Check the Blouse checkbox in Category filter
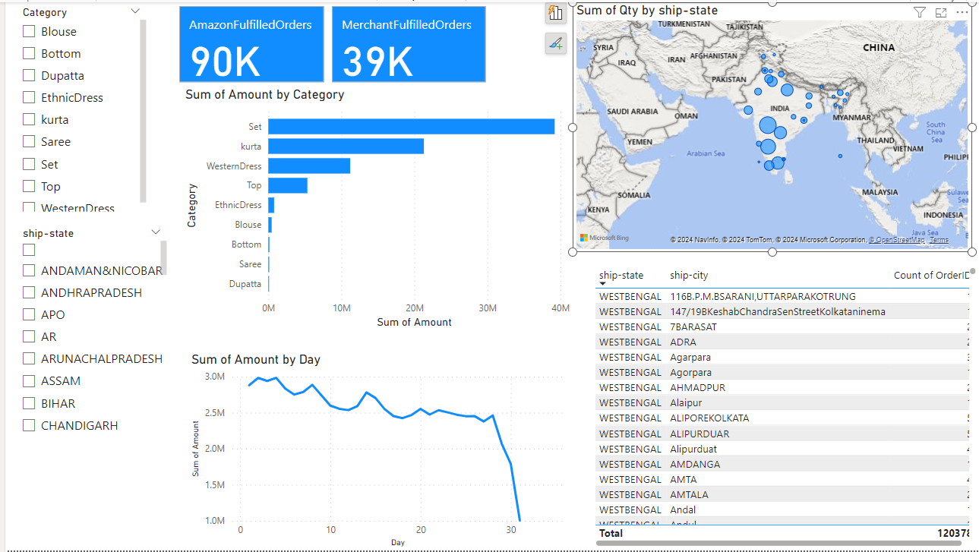click(29, 32)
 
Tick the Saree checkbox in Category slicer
click(29, 142)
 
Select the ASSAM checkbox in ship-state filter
click(29, 381)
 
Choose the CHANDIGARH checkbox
click(29, 426)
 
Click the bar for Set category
click(410, 127)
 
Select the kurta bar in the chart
click(346, 147)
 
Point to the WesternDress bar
click(308, 166)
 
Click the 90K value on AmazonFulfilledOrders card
click(225, 62)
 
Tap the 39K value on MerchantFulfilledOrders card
click(377, 62)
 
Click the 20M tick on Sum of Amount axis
click(414, 308)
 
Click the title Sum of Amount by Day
click(255, 360)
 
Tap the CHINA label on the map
click(878, 48)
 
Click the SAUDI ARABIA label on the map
click(632, 112)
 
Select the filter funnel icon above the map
click(919, 12)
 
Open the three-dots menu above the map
click(962, 12)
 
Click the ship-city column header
click(688, 276)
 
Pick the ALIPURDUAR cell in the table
click(700, 434)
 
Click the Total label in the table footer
click(611, 534)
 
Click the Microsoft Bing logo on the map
click(605, 238)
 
